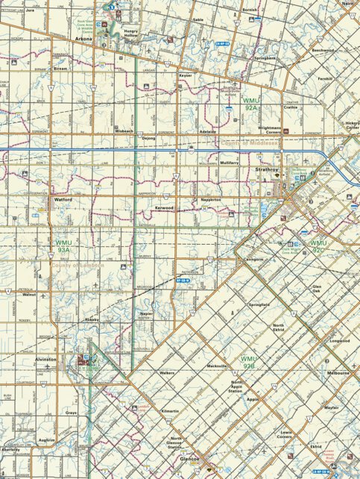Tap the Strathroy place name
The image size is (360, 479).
coord(266,170)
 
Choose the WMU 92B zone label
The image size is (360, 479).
coord(248,363)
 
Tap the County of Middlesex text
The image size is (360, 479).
coord(250,142)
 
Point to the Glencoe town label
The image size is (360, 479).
coord(189,460)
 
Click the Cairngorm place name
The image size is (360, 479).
coord(254,260)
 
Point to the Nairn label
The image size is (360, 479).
coord(347,4)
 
